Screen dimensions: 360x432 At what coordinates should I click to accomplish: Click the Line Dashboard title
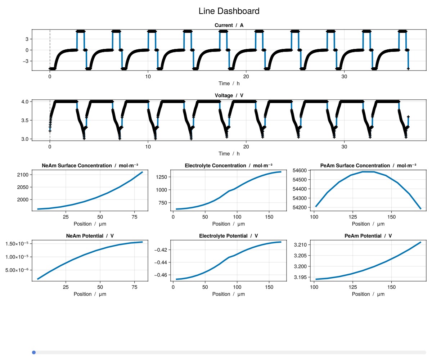[229, 11]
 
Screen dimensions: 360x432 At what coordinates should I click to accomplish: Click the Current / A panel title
[229, 25]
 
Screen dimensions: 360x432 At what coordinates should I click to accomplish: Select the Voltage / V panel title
[229, 95]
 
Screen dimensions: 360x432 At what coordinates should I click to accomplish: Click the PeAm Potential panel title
[368, 236]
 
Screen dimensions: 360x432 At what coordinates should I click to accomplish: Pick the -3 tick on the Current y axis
[25, 61]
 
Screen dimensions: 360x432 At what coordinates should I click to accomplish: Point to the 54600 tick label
[300, 170]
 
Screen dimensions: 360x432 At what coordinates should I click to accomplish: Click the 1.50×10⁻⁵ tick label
[18, 244]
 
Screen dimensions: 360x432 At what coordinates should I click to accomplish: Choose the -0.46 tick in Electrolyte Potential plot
[160, 275]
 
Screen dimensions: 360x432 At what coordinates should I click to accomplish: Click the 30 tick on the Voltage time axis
[344, 147]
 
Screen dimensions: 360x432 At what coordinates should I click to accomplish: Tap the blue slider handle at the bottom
[34, 352]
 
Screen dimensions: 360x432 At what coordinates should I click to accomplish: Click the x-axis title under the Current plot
[229, 84]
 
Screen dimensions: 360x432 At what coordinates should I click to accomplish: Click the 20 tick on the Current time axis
[246, 77]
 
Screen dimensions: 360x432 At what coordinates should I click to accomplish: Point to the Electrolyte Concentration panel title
[229, 166]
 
